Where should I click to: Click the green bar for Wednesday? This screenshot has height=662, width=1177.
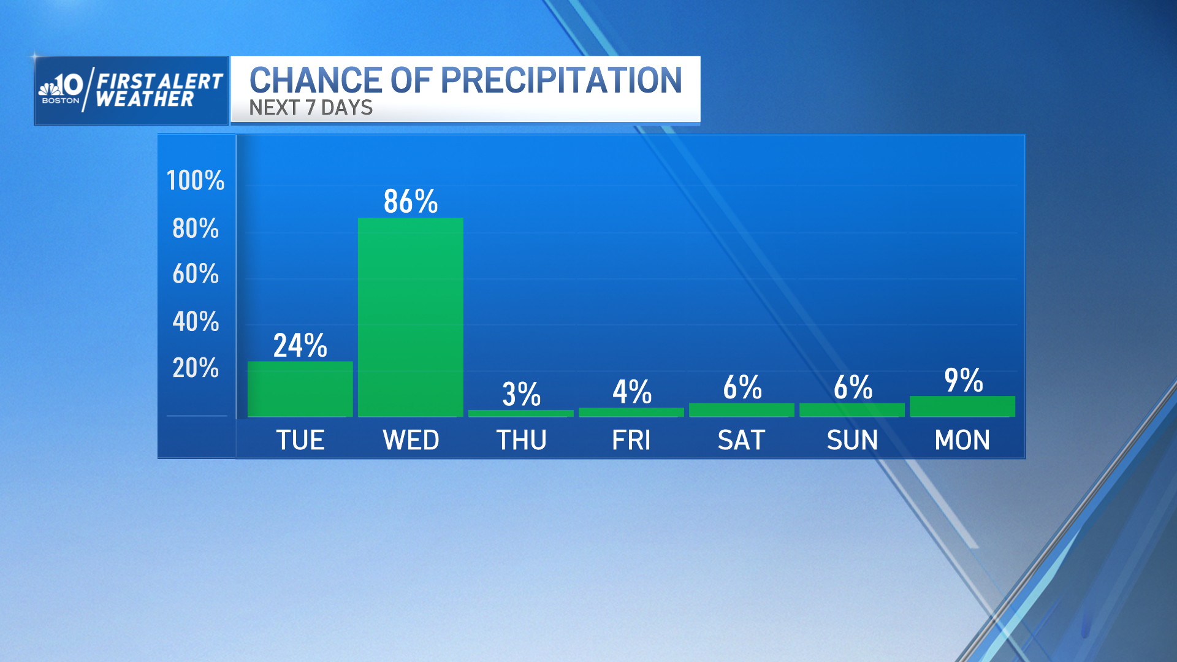pos(410,317)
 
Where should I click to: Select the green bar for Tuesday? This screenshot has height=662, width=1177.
pos(300,389)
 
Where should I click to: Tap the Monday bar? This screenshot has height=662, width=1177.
pos(962,406)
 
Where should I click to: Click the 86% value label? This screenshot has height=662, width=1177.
pos(410,201)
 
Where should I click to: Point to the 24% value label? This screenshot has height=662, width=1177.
pos(300,345)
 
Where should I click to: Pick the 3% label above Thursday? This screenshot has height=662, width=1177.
pos(521,394)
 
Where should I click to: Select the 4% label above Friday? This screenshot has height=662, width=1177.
pos(631,392)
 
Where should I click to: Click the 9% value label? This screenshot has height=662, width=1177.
pos(963,380)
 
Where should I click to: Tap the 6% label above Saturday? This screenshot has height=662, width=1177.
pos(742,387)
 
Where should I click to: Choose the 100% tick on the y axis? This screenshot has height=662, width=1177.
pos(196,180)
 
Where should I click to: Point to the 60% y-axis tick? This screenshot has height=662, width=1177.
pos(196,273)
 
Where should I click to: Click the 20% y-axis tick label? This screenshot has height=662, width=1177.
pos(196,368)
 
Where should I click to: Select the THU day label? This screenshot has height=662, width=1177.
pos(521,440)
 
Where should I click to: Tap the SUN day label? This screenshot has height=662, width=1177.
pos(852,440)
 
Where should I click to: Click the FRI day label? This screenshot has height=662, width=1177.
pos(631,440)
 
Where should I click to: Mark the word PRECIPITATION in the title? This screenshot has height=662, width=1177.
pos(561,80)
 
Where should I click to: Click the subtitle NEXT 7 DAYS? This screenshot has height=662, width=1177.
pos(311,108)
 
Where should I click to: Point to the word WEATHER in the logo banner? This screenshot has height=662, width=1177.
pos(145,99)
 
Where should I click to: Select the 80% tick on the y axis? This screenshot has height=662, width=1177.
pos(196,228)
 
